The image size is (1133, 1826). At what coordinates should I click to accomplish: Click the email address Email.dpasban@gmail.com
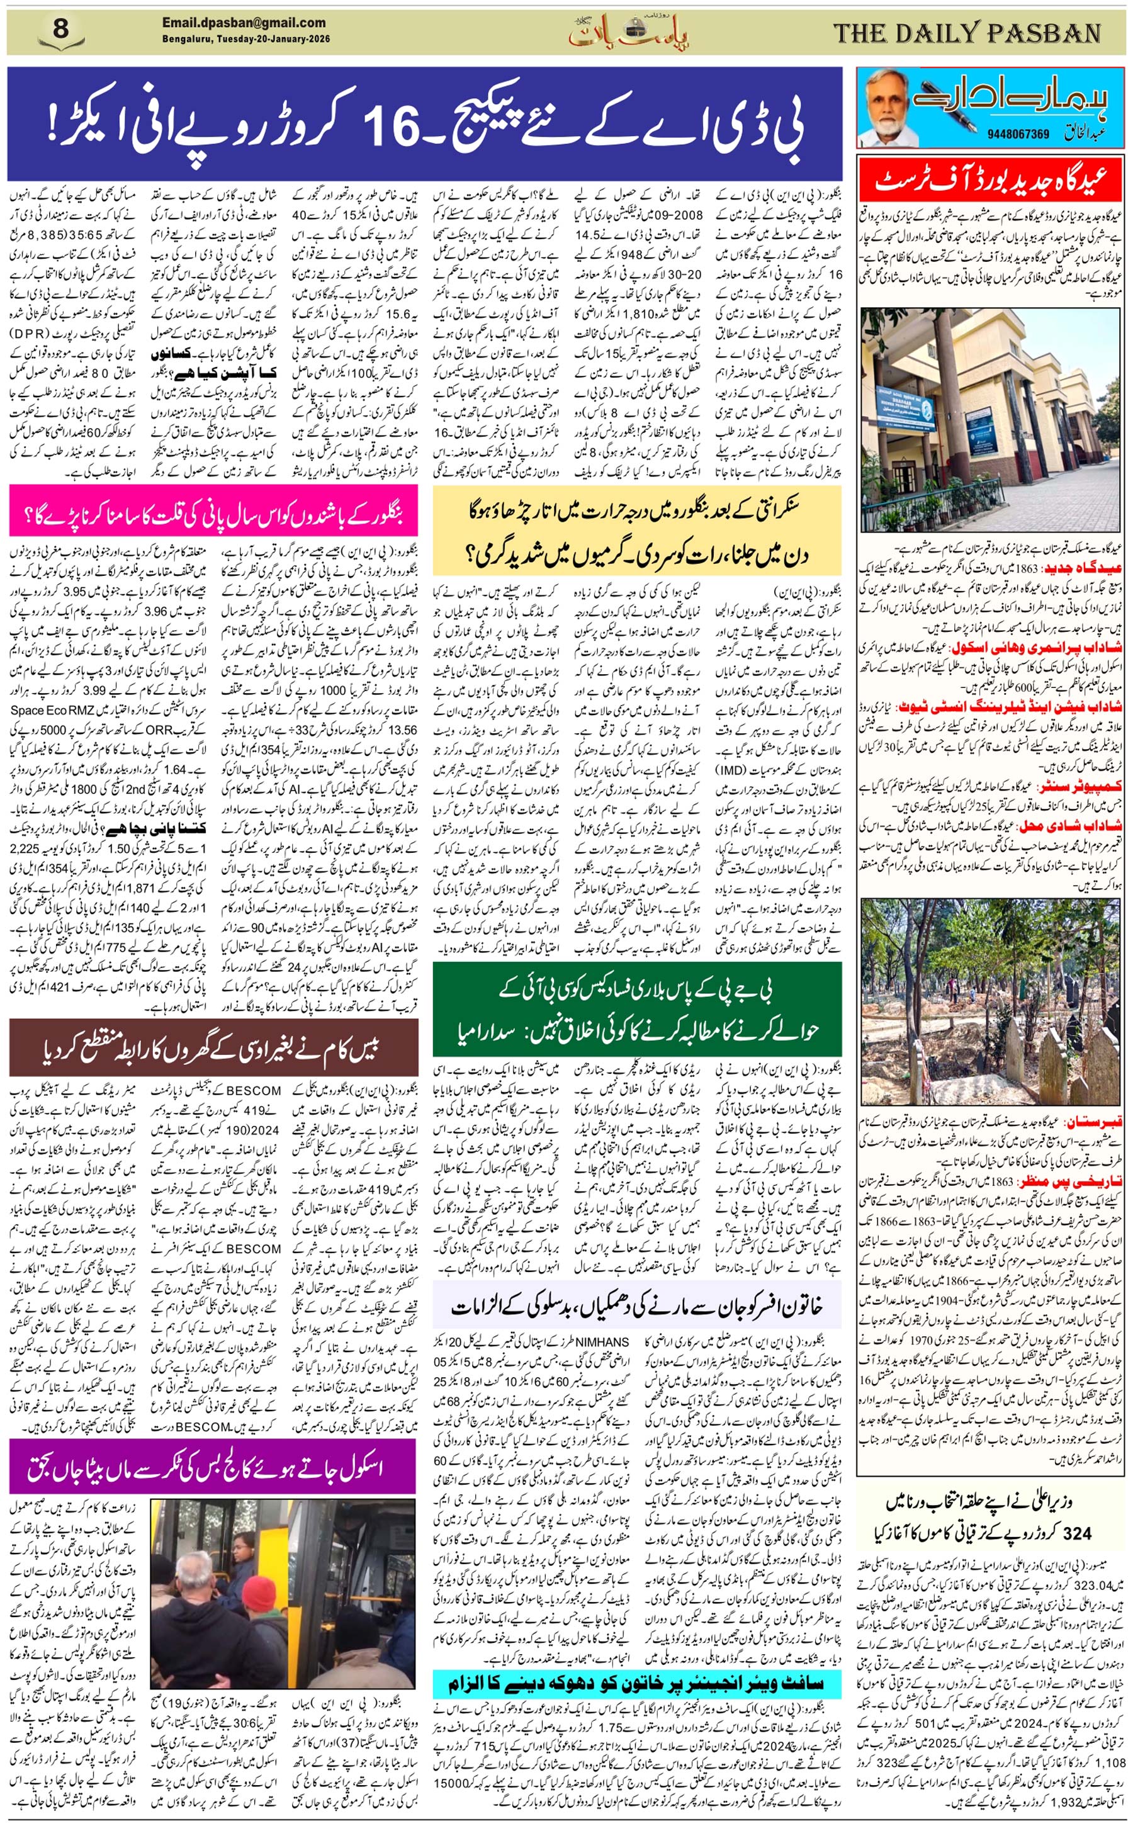click(244, 23)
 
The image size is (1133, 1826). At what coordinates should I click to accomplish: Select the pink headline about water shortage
click(213, 515)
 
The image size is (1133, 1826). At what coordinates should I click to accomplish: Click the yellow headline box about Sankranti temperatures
click(636, 534)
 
